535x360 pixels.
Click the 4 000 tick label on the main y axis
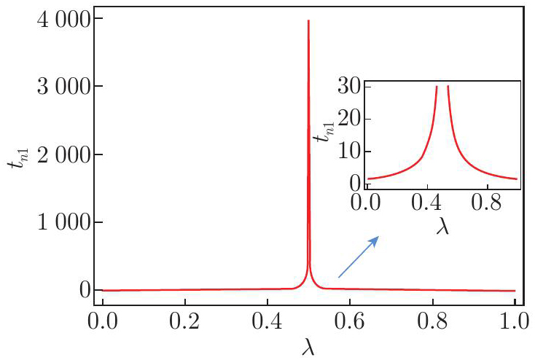[63, 20]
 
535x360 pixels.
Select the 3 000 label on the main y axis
[63, 87]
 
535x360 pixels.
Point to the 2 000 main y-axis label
[63, 155]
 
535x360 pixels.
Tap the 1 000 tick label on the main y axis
[63, 223]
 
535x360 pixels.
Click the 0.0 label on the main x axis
[103, 321]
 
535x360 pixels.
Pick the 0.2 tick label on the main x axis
[184, 321]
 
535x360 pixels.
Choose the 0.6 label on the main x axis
[350, 321]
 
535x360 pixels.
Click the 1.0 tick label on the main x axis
[514, 321]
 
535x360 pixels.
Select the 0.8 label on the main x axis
[432, 321]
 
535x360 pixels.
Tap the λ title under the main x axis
[308, 347]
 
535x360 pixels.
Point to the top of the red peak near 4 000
[308, 20]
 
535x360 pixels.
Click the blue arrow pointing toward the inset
[359, 257]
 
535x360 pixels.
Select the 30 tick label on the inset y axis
[349, 87]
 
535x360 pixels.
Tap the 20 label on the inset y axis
[349, 120]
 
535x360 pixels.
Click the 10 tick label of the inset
[349, 152]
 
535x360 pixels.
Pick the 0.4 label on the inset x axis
[426, 203]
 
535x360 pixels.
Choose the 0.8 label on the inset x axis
[487, 203]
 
